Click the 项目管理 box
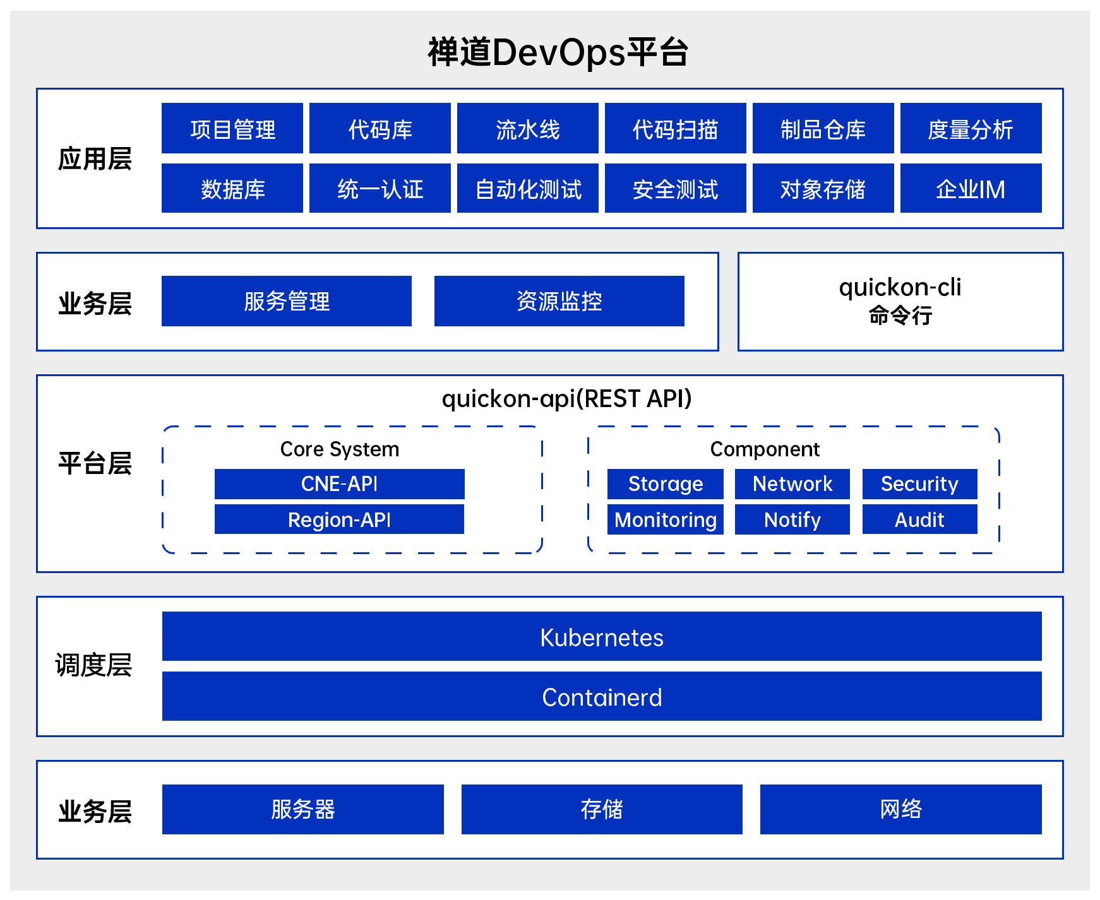pos(232,128)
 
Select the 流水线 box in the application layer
pos(527,128)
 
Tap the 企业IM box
pos(971,188)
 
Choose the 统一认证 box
pos(380,188)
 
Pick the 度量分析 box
pos(971,128)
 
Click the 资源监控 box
pos(559,301)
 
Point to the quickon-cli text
pos(900,288)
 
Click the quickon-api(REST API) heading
pos(566,399)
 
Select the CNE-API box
pos(339,483)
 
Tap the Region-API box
pos(339,519)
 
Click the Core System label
pos(339,449)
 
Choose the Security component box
pos(919,483)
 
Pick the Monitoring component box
pos(665,519)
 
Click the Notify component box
pos(792,519)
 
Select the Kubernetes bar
pos(601,636)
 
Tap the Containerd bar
pos(601,696)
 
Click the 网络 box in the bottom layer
pos(900,809)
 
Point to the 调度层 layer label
pos(93,665)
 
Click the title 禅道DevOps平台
pos(558,52)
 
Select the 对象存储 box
pos(823,188)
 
